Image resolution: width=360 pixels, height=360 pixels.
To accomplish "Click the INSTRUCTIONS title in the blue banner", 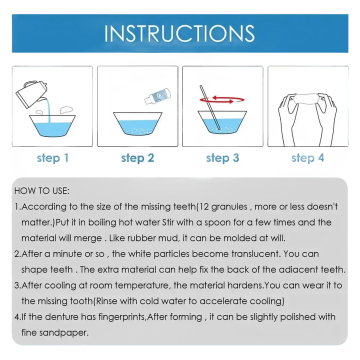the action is pyautogui.click(x=179, y=33).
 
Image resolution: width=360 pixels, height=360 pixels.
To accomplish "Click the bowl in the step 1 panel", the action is pyautogui.click(x=52, y=126).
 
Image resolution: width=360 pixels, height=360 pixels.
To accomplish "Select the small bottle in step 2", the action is pyautogui.click(x=158, y=96).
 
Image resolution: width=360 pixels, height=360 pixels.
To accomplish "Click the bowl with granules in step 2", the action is pyautogui.click(x=138, y=124).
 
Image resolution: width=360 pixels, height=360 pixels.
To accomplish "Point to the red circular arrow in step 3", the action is pyautogui.click(x=222, y=99).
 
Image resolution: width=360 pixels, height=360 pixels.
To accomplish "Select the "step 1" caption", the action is pyautogui.click(x=52, y=158).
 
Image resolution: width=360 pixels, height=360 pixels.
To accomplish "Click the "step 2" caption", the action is pyautogui.click(x=137, y=158).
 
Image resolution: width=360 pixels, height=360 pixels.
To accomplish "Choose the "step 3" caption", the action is pyautogui.click(x=222, y=158).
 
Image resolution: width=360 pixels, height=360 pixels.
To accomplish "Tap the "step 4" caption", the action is pyautogui.click(x=307, y=158).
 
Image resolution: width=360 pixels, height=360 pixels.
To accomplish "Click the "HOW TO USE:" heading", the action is pyautogui.click(x=42, y=191).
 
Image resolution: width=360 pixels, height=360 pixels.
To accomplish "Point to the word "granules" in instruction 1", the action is pyautogui.click(x=229, y=207).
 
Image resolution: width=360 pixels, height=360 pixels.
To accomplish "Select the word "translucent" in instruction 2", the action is pyautogui.click(x=256, y=254).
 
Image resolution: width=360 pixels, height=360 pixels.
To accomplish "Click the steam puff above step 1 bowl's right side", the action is pyautogui.click(x=66, y=110).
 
